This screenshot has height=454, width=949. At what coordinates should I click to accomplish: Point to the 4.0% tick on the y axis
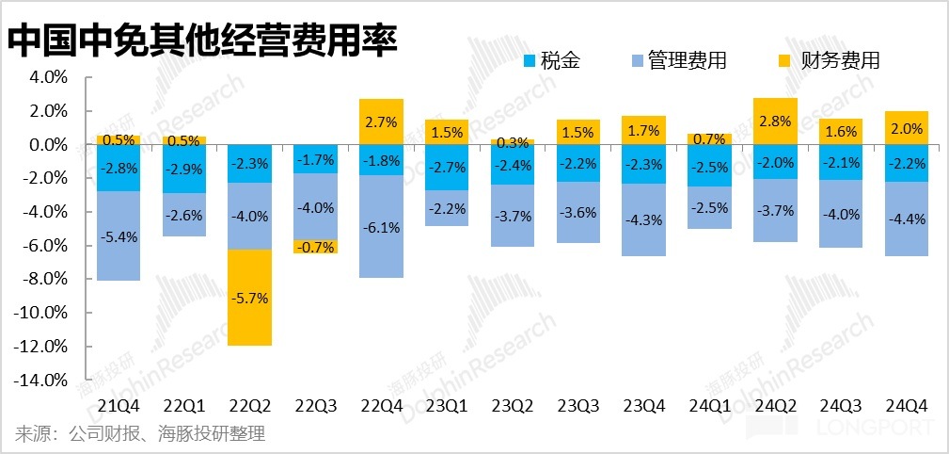(x=49, y=77)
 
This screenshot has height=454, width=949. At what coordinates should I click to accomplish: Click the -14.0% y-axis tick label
(x=42, y=380)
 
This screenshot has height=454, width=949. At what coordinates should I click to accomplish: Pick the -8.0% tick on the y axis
(x=46, y=279)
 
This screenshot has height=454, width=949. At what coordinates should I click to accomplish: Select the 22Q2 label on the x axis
(x=250, y=406)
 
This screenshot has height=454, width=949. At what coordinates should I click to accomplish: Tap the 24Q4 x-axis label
(x=907, y=406)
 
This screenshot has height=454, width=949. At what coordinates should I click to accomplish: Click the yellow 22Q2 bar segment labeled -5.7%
(x=250, y=298)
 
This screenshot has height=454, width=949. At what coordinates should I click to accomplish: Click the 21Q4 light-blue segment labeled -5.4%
(x=119, y=235)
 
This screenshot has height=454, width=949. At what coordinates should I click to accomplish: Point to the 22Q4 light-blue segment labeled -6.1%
(x=381, y=227)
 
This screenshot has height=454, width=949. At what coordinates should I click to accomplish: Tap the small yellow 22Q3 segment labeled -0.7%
(x=315, y=247)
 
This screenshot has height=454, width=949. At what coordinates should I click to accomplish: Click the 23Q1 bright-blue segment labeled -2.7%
(x=447, y=167)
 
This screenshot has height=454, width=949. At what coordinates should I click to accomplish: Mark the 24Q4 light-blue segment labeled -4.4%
(x=907, y=219)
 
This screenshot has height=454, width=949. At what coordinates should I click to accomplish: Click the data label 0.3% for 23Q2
(x=513, y=143)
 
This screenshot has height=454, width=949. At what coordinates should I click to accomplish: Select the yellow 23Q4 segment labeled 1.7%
(x=643, y=130)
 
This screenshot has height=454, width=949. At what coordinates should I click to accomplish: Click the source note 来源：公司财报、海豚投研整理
(x=140, y=434)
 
